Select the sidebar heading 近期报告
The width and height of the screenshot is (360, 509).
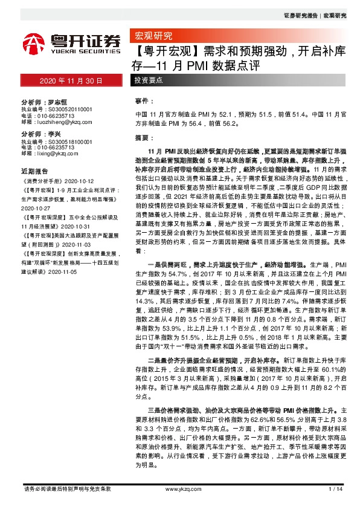34,171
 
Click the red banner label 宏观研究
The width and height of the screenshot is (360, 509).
153,35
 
